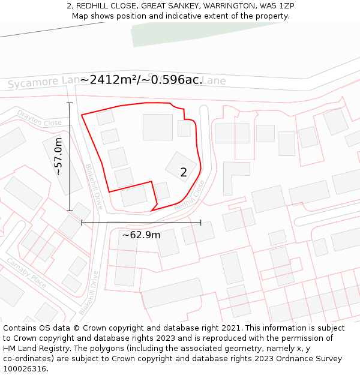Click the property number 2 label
[184, 173]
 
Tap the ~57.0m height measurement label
[58, 157]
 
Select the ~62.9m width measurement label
[141, 235]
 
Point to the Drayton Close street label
[39, 118]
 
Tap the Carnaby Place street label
[26, 272]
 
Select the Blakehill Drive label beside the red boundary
[94, 187]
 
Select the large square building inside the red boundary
[158, 127]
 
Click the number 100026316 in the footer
[25, 368]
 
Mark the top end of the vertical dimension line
[70, 103]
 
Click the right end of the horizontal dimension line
[201, 223]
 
